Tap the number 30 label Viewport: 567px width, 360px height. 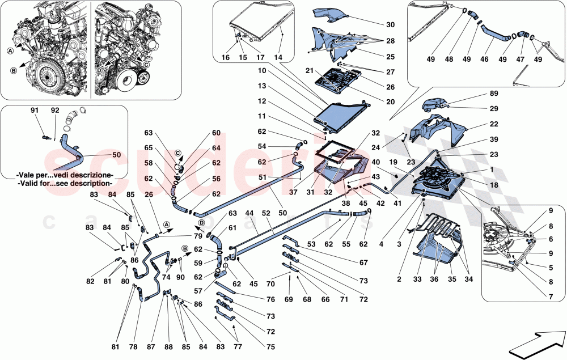(x=390, y=25)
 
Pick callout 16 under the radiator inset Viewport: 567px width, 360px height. (x=226, y=58)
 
